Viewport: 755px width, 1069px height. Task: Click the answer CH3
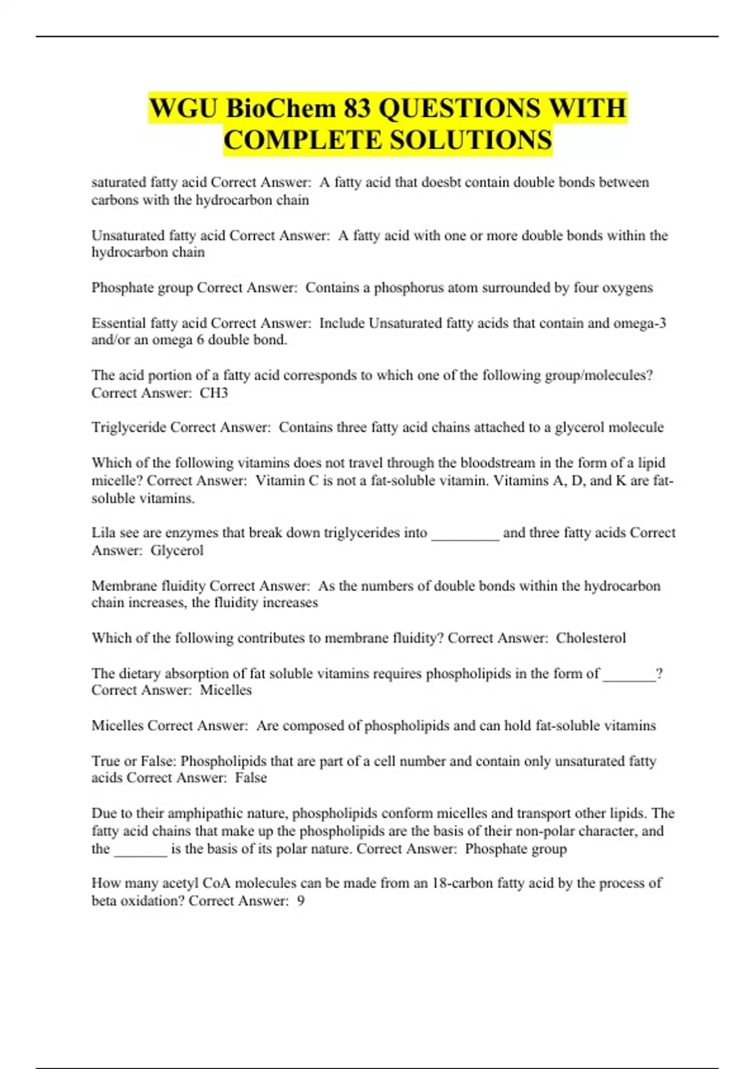[x=214, y=393]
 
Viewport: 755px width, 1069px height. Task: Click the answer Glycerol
[x=177, y=550]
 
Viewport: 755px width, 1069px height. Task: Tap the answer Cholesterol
[x=591, y=638]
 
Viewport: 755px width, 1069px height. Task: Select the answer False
[x=251, y=778]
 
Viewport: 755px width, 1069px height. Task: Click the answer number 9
[x=301, y=901]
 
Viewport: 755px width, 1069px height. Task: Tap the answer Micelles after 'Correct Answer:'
[x=226, y=690]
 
